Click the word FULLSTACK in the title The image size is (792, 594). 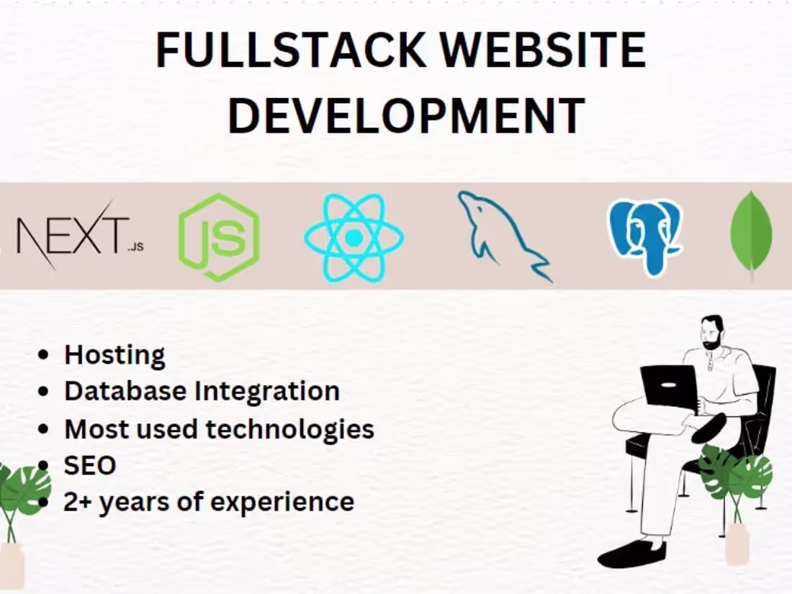289,51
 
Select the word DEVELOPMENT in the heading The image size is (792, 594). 405,115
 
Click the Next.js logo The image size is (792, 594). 72,235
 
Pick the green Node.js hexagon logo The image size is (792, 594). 219,237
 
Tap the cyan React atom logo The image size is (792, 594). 354,237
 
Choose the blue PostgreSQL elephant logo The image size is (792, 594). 644,237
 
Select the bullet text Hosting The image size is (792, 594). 114,355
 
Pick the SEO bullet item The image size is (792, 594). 89,465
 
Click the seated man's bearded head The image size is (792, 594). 712,333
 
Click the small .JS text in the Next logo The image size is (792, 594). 135,247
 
